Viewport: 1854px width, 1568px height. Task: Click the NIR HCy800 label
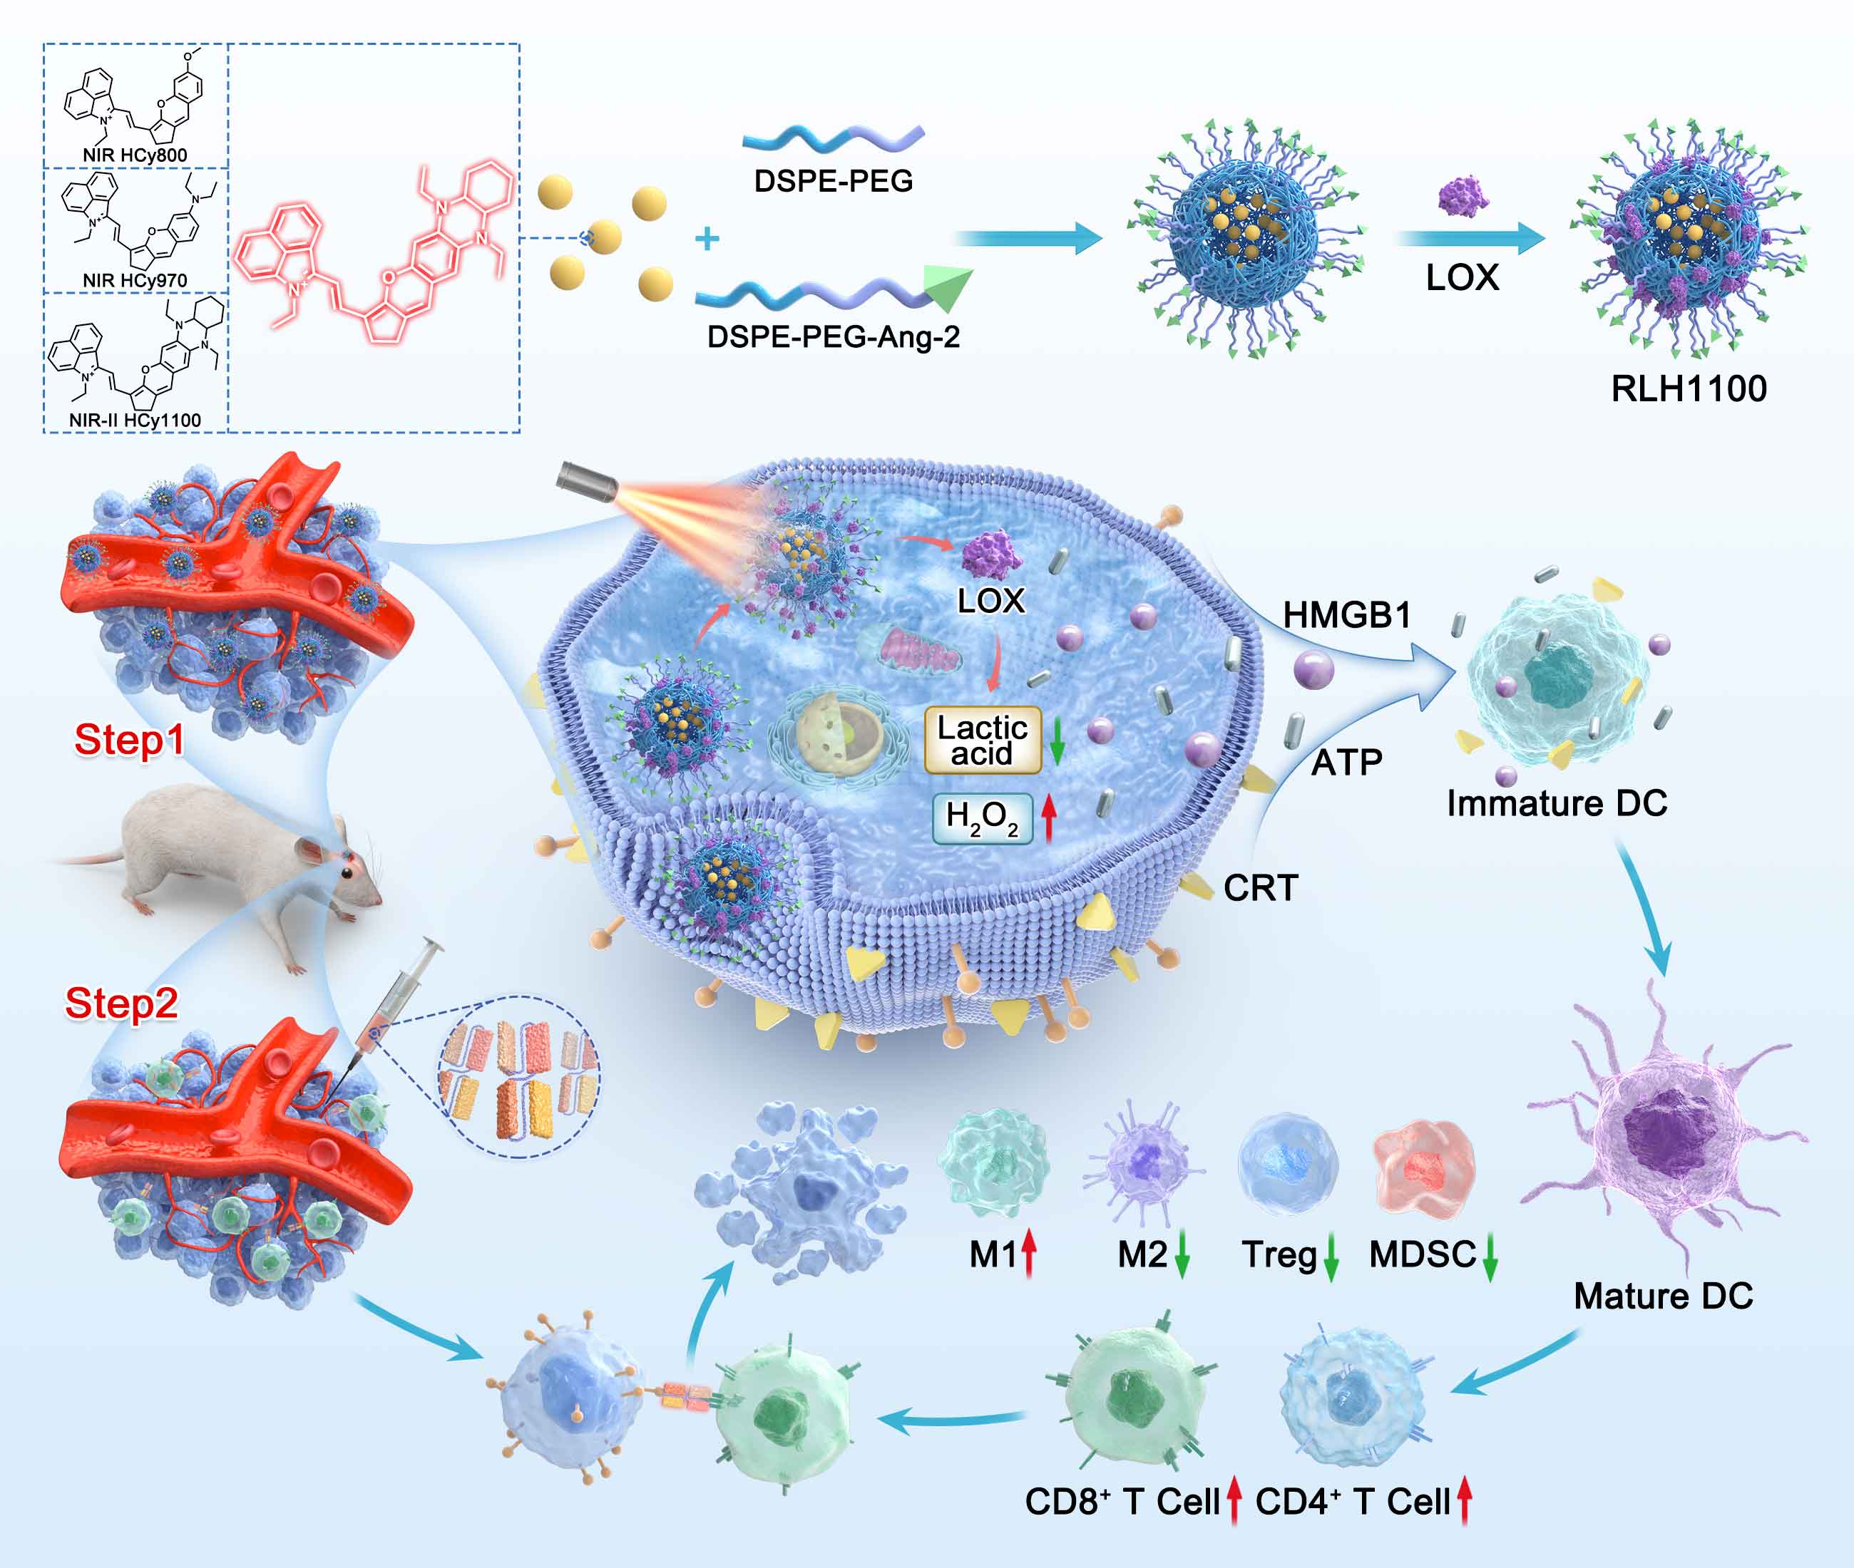click(135, 155)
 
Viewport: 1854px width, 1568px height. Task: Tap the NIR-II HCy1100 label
click(135, 420)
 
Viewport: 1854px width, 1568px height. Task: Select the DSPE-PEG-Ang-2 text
click(833, 337)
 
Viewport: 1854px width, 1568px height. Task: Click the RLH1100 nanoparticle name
click(1689, 388)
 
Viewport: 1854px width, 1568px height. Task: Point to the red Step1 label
click(129, 740)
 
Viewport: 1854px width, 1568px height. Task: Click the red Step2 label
click(122, 1003)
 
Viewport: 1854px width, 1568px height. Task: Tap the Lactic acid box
click(983, 740)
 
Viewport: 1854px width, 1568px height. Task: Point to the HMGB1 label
click(1347, 615)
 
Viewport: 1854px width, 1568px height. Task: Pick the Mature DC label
click(1664, 1295)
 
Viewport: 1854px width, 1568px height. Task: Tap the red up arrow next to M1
click(1029, 1254)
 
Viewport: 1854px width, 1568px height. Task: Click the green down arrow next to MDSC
click(1490, 1255)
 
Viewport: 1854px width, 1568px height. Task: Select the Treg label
click(1279, 1255)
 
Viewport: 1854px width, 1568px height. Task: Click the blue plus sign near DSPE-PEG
click(707, 238)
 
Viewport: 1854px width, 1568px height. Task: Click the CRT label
click(1261, 887)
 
